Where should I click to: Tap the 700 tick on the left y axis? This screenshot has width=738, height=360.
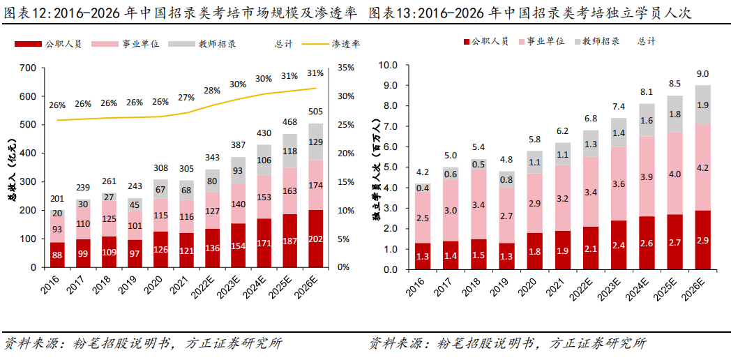click(27, 68)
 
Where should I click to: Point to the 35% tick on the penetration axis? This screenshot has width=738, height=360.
click(347, 68)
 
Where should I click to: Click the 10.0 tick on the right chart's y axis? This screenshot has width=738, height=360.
click(387, 66)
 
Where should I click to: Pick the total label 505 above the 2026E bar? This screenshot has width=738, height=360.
click(315, 112)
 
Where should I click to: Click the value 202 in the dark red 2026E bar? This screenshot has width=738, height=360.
click(315, 239)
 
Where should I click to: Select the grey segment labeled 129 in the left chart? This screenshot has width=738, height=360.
click(315, 142)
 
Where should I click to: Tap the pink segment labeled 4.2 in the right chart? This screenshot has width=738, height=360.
click(703, 167)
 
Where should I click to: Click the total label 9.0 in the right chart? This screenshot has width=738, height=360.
click(703, 74)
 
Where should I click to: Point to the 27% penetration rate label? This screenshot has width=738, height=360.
click(186, 98)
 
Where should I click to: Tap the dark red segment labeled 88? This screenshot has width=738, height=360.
click(58, 255)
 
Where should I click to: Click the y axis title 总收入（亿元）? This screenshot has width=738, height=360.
click(12, 167)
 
